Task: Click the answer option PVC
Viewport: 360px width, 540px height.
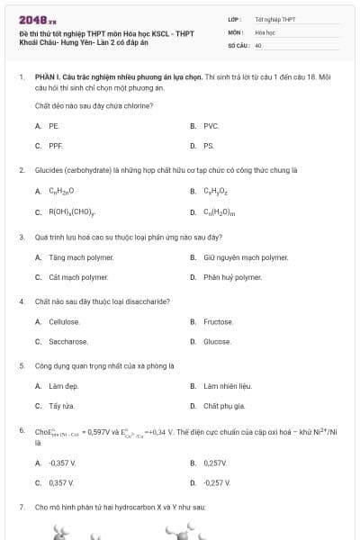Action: click(211, 126)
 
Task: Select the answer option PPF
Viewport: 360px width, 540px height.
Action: click(56, 145)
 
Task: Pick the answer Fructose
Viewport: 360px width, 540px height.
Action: click(218, 321)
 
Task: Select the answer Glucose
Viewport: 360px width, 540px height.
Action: click(217, 341)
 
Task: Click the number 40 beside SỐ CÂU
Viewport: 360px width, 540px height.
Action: click(258, 44)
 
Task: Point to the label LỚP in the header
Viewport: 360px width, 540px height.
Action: click(235, 18)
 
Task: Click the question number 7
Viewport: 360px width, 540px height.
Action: click(21, 508)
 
